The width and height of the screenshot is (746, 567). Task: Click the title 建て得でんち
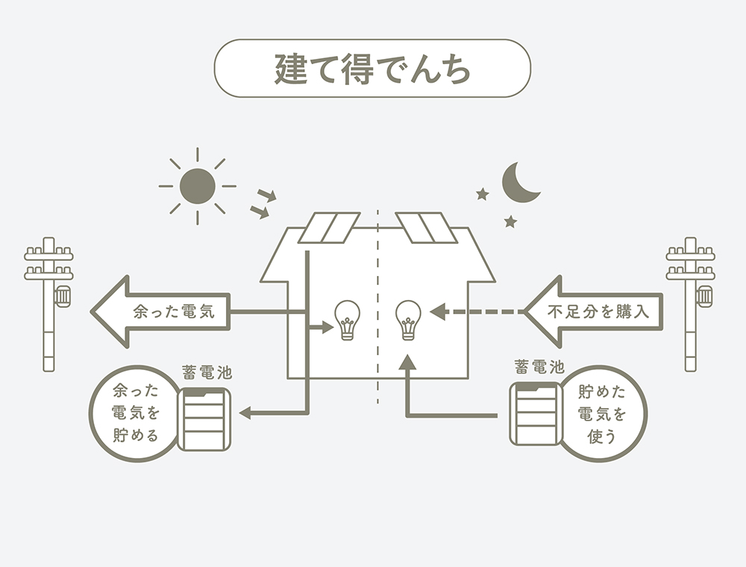[372, 69]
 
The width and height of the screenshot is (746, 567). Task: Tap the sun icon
[198, 186]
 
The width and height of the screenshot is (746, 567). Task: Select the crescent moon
[520, 183]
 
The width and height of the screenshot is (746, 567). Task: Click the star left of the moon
[482, 195]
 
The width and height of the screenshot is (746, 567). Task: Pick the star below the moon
[510, 221]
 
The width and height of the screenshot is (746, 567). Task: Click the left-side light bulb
[347, 320]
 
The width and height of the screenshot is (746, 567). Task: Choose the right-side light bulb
[407, 320]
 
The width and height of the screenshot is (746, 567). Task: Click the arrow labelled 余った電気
[160, 312]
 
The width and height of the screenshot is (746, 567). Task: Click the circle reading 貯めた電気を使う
[603, 414]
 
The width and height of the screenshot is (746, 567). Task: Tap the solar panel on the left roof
[328, 228]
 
